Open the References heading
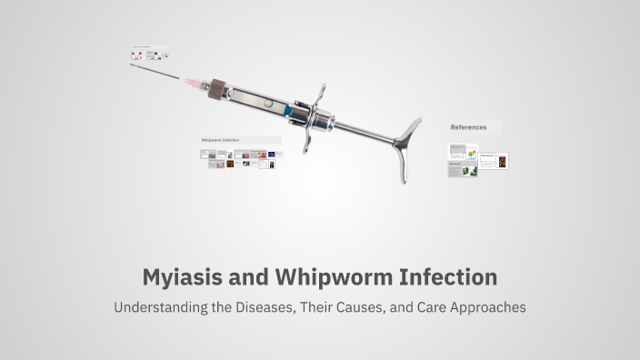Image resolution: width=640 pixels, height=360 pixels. tap(469, 127)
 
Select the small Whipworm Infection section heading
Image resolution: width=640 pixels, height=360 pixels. tap(220, 140)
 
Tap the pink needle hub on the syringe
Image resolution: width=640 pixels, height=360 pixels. tap(194, 83)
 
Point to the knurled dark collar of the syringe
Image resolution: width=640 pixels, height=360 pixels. tap(216, 89)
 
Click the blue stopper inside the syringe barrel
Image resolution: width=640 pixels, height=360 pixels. tap(288, 109)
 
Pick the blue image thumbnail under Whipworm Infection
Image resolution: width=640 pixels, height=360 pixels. tap(271, 155)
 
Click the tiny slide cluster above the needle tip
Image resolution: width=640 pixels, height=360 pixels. tap(149, 55)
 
